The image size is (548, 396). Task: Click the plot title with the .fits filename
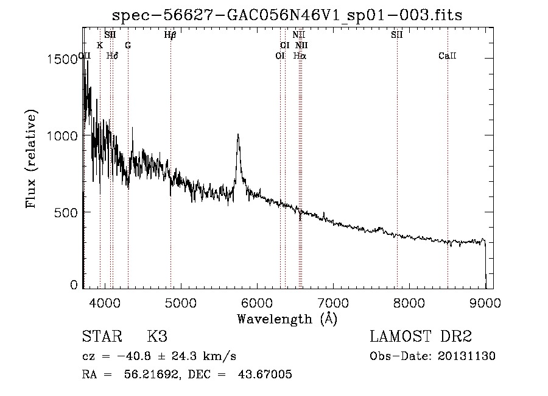click(287, 15)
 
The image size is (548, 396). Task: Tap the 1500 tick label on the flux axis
click(62, 59)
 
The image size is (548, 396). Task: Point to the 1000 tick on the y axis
click(62, 135)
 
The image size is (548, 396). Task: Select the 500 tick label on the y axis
click(66, 212)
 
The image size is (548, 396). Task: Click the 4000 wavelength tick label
click(105, 303)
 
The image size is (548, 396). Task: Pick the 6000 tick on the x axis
click(257, 303)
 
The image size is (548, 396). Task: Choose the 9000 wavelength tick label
click(485, 303)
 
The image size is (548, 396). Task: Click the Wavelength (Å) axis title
click(287, 319)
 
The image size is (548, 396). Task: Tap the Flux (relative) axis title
click(31, 159)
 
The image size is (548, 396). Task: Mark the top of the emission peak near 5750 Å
click(238, 134)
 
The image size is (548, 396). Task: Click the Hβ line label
click(170, 35)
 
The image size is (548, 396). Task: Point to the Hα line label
click(300, 56)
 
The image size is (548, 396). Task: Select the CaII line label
click(448, 56)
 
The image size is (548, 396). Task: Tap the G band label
click(128, 45)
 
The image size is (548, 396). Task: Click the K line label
click(100, 45)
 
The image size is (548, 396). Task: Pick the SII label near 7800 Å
click(397, 35)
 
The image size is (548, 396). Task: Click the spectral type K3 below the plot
click(157, 336)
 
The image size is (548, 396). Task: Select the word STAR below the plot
click(102, 336)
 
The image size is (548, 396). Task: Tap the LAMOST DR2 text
click(421, 336)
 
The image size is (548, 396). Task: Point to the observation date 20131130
click(466, 356)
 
